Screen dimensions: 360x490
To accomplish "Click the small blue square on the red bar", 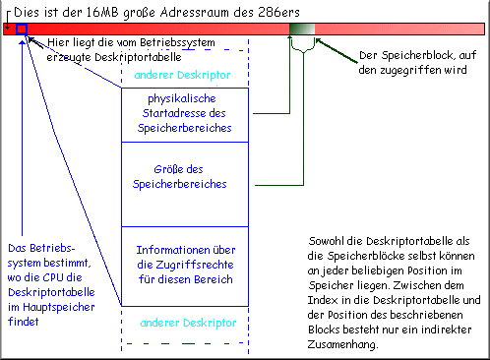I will click(x=22, y=29).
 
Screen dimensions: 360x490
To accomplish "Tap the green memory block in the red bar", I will click(x=300, y=29).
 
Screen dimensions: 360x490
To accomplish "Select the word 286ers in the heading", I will click(x=259, y=10).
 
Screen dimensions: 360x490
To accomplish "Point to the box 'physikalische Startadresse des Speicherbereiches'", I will click(x=184, y=114).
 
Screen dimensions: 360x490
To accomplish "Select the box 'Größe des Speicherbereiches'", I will click(x=184, y=176).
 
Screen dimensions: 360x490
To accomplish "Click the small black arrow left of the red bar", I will click(x=8, y=29).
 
